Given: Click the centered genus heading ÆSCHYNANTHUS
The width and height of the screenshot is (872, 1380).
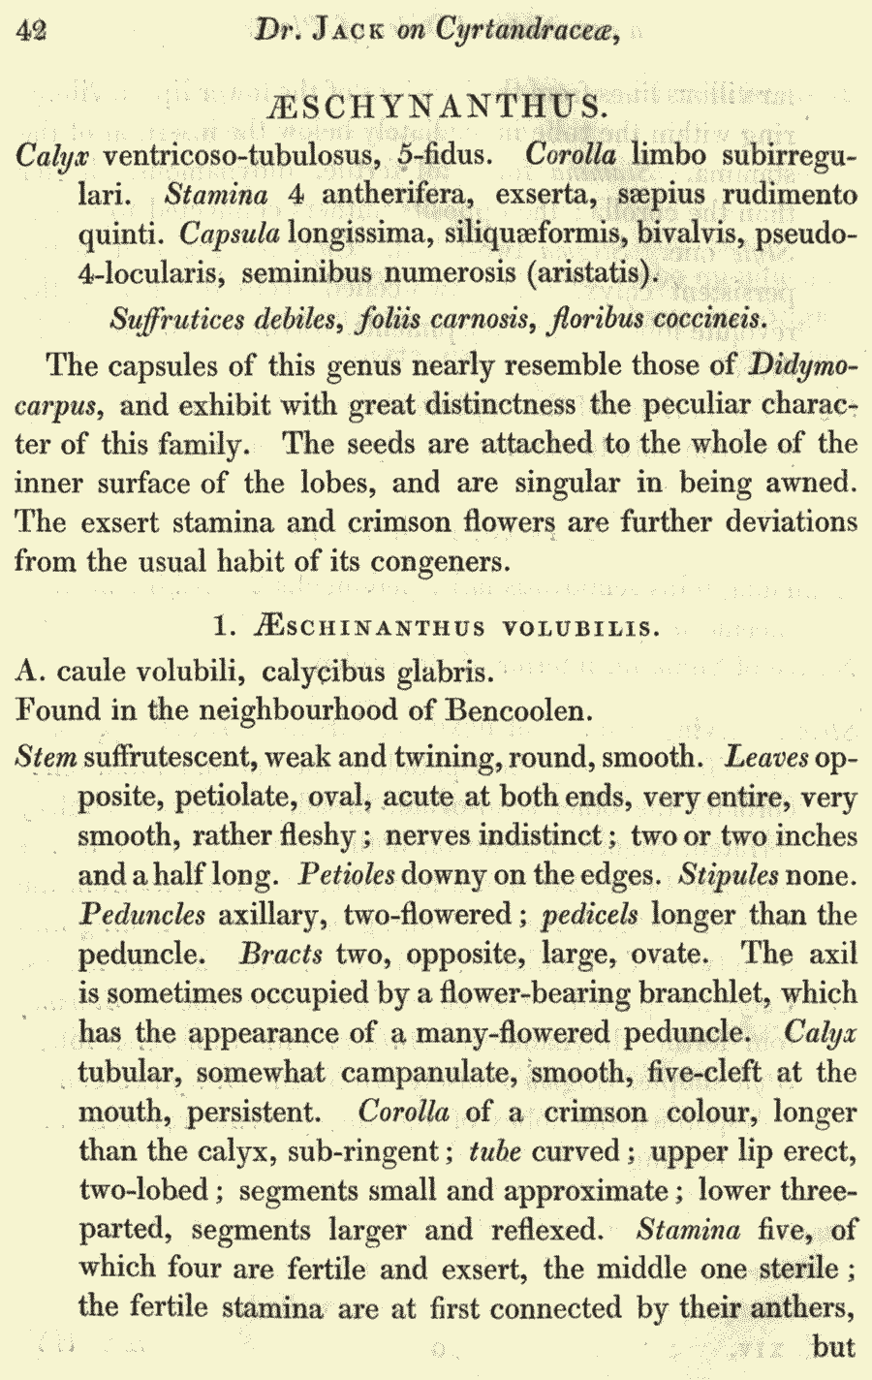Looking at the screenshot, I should [435, 106].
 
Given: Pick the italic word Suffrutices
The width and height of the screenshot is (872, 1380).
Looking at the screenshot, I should [174, 319].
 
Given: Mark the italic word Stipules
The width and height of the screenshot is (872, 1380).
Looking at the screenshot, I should [728, 875].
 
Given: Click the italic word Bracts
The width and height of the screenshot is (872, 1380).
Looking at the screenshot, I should [281, 954].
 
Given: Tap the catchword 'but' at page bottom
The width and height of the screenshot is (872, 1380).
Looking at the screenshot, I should [834, 1347].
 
